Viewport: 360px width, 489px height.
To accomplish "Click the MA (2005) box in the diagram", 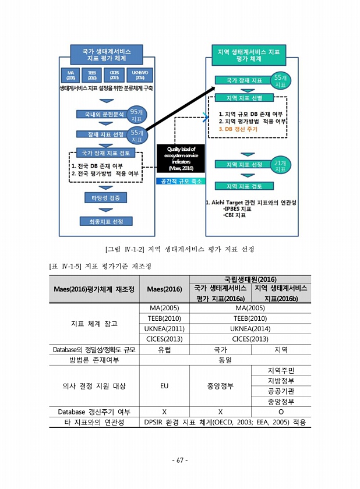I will pos(70,75).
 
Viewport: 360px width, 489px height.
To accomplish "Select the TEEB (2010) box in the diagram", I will pos(92,75).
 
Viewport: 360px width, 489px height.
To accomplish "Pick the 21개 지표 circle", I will pos(280,165).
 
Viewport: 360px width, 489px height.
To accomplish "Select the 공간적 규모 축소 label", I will pos(181,181).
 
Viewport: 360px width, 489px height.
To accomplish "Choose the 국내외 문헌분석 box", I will pos(101,115).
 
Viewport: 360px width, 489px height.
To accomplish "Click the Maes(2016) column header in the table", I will pos(164,289).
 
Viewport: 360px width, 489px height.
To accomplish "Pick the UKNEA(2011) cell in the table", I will pos(164,329).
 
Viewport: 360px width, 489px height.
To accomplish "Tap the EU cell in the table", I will pos(164,385).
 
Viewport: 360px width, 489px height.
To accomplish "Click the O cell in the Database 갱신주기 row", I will pos(281,412).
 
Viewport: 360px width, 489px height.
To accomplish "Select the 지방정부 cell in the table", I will pos(281,380).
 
